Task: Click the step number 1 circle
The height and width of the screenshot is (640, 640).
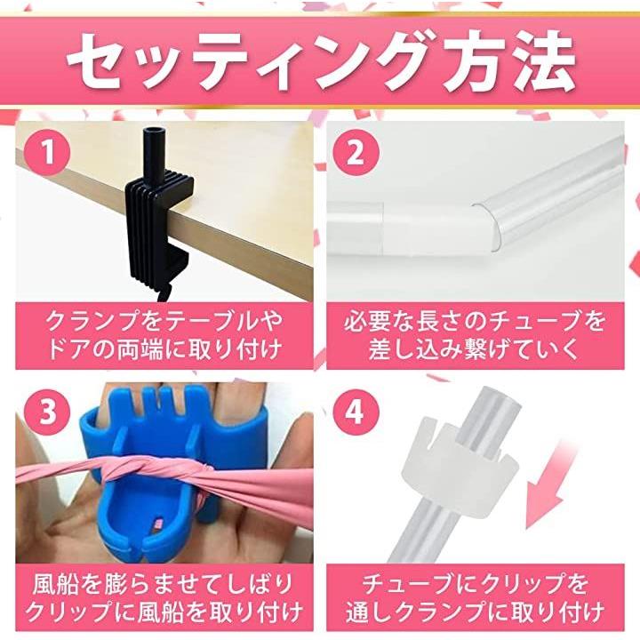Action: point(47,153)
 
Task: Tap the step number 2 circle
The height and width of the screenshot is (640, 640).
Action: point(356,153)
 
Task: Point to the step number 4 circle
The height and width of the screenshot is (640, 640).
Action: point(356,412)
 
